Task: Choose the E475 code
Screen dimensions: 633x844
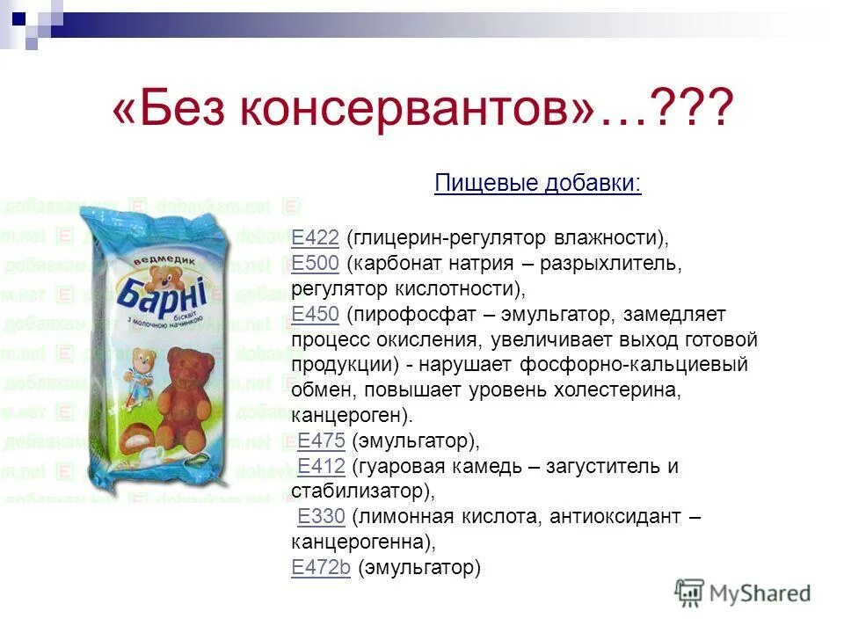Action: (321, 441)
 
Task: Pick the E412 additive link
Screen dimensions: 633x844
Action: (321, 467)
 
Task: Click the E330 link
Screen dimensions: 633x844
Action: (321, 518)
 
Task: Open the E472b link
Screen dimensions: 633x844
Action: (321, 568)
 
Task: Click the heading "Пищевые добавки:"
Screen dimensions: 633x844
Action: (538, 184)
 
